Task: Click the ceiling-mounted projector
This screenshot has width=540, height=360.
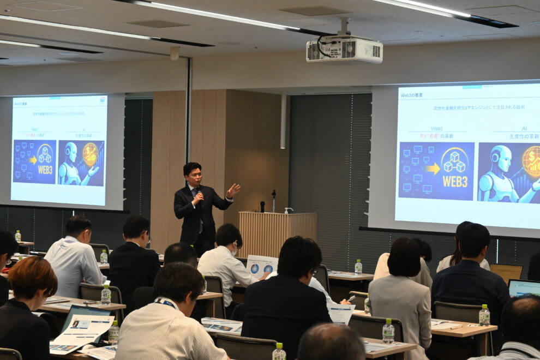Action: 344,49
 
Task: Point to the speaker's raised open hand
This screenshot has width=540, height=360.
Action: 233,190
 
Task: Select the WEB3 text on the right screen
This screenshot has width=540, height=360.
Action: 455,181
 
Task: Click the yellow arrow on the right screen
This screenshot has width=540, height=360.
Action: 433,169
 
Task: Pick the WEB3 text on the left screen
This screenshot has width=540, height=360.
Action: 45,169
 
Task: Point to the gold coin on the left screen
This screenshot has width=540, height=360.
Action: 91,154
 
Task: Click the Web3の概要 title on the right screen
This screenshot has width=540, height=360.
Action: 413,95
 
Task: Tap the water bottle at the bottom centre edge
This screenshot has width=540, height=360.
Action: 279,352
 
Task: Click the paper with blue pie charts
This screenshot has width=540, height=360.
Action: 261,266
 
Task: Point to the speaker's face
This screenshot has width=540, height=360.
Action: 194,176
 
